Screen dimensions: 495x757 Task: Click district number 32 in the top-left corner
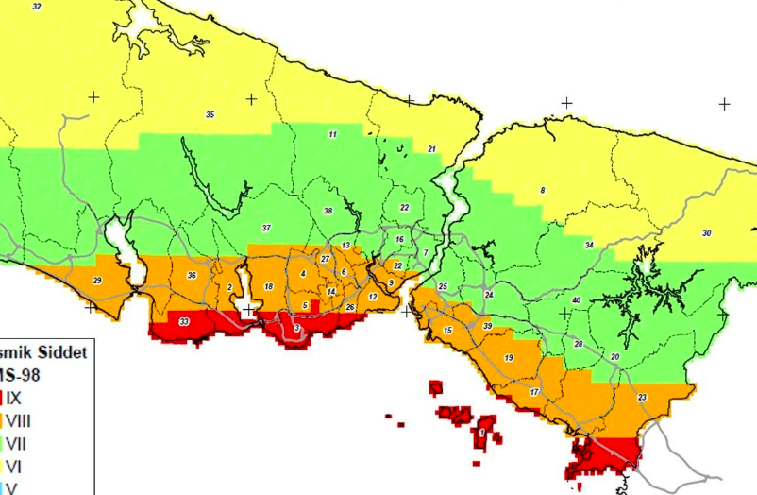37,7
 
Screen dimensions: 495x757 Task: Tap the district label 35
210,115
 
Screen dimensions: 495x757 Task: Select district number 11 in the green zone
332,135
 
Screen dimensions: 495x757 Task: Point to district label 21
431,149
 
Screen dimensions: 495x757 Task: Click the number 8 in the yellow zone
543,191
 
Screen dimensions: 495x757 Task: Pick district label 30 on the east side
706,233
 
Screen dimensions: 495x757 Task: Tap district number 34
589,246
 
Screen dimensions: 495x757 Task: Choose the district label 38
328,211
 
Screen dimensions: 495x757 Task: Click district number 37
266,229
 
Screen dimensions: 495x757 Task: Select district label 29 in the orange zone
96,281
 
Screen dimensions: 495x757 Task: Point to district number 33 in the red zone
183,322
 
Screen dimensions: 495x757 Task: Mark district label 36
192,276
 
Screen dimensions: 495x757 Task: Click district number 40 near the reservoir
576,300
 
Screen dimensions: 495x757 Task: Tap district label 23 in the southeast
642,398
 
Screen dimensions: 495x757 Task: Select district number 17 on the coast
534,392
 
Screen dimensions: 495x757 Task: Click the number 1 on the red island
483,432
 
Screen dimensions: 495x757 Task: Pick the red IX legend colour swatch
3,399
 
